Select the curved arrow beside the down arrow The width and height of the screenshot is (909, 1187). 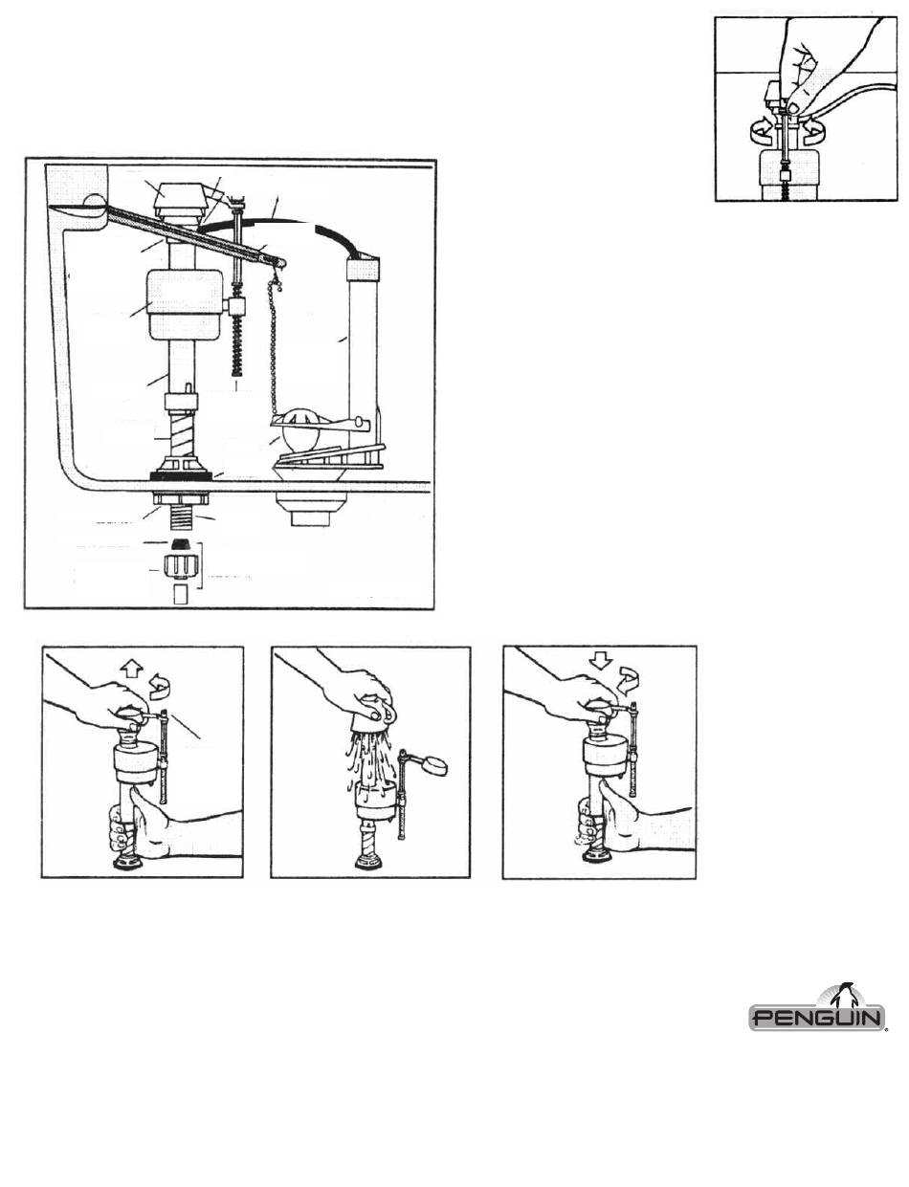pyautogui.click(x=627, y=682)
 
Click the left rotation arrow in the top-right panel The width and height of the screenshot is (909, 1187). pyautogui.click(x=761, y=131)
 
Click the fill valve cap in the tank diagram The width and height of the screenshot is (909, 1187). pyautogui.click(x=180, y=200)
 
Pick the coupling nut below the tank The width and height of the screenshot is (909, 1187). pyautogui.click(x=180, y=570)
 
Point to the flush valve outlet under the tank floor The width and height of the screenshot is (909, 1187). pyautogui.click(x=310, y=509)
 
